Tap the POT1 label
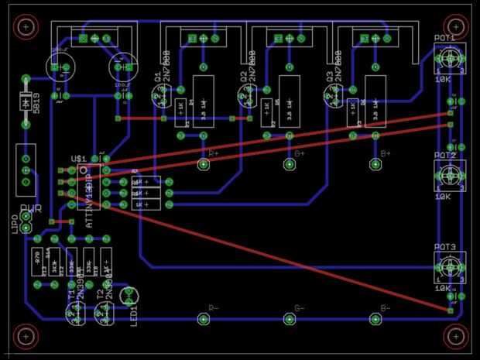pos(444,38)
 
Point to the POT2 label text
pos(444,156)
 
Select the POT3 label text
pos(444,247)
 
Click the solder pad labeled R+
pos(204,165)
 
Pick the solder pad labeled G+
pos(290,165)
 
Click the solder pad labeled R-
pos(204,318)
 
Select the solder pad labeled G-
pos(290,318)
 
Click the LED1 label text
pos(134,311)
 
